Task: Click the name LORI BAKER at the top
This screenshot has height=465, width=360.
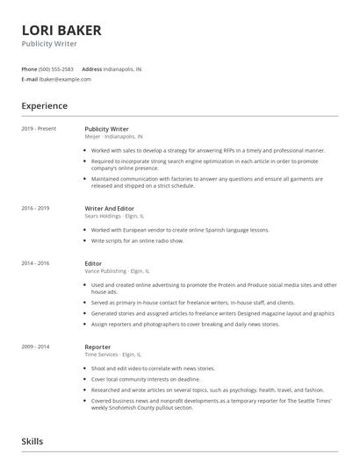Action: coord(61,31)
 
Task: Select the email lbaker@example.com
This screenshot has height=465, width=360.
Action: coord(65,79)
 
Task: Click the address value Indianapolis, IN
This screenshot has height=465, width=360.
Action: coord(123,68)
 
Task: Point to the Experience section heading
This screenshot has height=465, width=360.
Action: coord(44,106)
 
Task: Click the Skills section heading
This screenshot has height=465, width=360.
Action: coord(32,441)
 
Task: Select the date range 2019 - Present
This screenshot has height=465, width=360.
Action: coord(39,129)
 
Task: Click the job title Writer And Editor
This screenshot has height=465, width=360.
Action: coord(110,208)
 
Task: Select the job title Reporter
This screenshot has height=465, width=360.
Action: coord(97,347)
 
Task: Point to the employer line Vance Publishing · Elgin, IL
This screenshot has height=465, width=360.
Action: coord(118,271)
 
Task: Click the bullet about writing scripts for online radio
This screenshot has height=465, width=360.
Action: coord(137,240)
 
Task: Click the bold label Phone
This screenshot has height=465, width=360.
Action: coord(29,68)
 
